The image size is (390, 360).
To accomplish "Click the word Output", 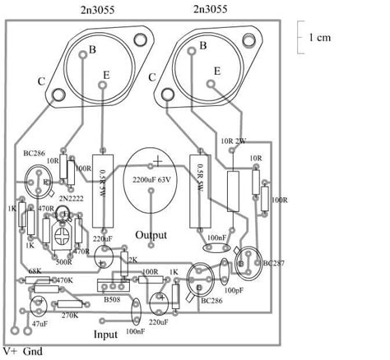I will pyautogui.click(x=156, y=235).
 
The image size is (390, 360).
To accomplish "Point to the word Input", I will pyautogui.click(x=106, y=335).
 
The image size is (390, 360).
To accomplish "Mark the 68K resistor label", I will pyautogui.click(x=35, y=270).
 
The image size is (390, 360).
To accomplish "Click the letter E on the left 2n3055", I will pyautogui.click(x=106, y=76).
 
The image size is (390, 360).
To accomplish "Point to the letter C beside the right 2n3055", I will pyautogui.click(x=151, y=76).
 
